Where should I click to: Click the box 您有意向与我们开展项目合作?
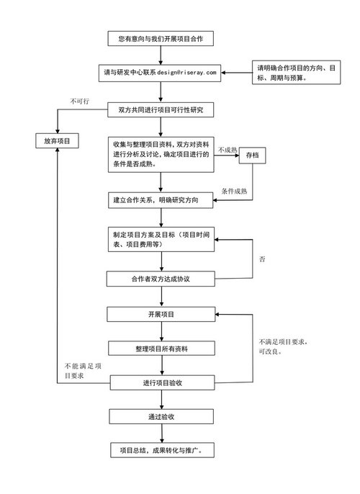click(161, 38)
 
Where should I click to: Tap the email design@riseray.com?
click(186, 73)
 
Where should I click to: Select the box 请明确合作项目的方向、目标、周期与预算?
click(296, 73)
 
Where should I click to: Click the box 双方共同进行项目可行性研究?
click(161, 110)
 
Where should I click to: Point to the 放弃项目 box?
click(57, 141)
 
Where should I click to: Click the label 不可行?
click(79, 101)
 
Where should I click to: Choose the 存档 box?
click(252, 156)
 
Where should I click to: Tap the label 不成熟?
click(228, 150)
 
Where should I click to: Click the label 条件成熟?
click(234, 191)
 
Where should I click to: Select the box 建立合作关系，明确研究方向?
click(161, 200)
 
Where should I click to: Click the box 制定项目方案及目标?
click(161, 239)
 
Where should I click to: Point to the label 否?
click(262, 259)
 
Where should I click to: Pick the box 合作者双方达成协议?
click(161, 279)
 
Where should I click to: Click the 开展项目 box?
click(161, 315)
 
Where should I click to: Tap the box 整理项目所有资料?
click(161, 349)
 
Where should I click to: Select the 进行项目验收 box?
click(162, 383)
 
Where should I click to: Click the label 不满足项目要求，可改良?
click(283, 346)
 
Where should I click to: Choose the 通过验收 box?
click(161, 416)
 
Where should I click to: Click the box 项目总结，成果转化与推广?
click(162, 450)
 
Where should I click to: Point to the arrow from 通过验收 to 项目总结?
click(162, 434)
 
